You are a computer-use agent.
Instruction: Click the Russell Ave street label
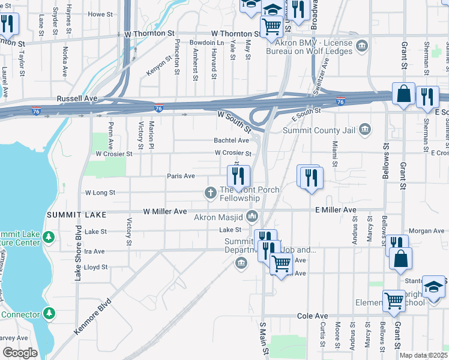point(76,98)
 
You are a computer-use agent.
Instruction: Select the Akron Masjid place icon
point(253,215)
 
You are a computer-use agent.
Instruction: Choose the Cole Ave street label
point(313,316)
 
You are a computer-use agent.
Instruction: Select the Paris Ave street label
point(181,176)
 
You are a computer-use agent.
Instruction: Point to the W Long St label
point(100,193)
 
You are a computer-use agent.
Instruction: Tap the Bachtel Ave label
point(231,140)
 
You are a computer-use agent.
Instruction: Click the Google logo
point(20,353)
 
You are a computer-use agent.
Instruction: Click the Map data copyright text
point(423,355)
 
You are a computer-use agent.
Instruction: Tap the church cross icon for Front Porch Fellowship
point(211,193)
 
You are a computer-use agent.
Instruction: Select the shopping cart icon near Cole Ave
point(394,299)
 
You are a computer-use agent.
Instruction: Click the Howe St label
point(100,14)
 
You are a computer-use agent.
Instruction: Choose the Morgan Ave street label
point(426,231)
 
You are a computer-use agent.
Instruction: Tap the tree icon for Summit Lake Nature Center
point(49,238)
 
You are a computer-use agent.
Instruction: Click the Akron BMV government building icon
point(362,46)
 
